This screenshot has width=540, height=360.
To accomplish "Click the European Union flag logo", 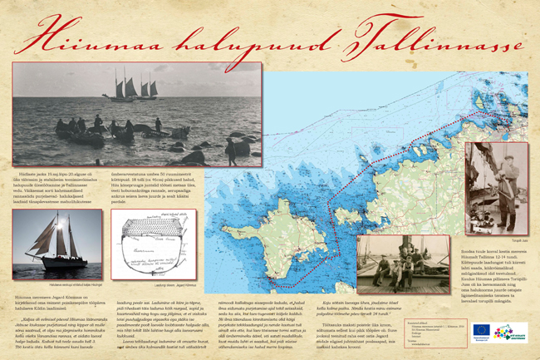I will (x=481, y=330).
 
